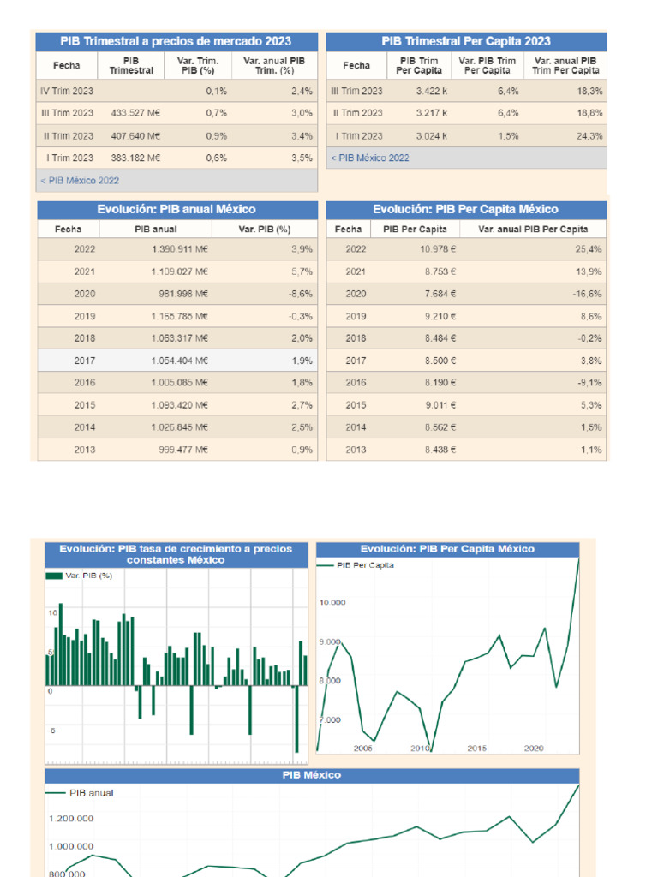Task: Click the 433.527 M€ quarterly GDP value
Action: [x=136, y=113]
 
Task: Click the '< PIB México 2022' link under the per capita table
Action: [x=369, y=158]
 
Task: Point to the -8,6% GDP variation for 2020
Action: [x=300, y=293]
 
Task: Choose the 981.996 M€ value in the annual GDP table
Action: [x=184, y=293]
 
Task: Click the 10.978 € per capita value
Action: [x=438, y=248]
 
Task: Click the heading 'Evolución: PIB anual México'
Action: [x=176, y=209]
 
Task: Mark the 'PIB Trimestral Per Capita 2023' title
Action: [x=466, y=41]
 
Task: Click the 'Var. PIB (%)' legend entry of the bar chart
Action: [x=81, y=576]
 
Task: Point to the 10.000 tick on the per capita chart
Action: [x=333, y=603]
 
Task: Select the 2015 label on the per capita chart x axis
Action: [x=477, y=748]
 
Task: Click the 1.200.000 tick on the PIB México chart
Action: [x=71, y=819]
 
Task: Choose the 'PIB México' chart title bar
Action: [x=312, y=774]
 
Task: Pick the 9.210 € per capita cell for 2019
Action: [x=438, y=316]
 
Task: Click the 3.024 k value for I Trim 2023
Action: [x=432, y=135]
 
